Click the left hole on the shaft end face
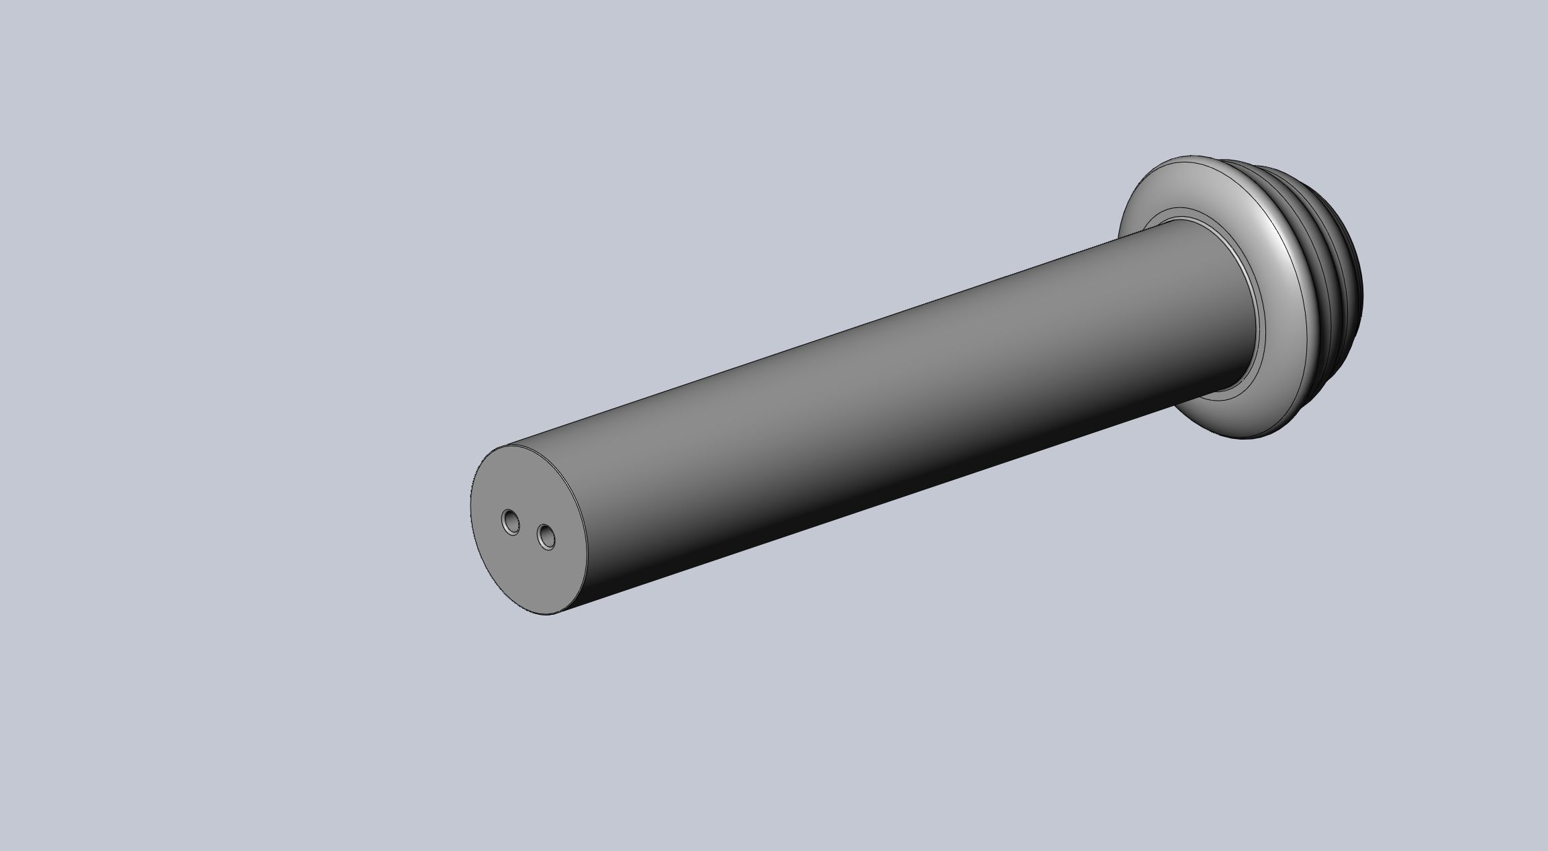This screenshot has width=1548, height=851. [511, 521]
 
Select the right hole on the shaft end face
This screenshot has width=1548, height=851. [546, 537]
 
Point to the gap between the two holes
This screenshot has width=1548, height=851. [529, 529]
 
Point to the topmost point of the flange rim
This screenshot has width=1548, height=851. [1188, 158]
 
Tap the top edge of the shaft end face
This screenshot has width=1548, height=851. [510, 446]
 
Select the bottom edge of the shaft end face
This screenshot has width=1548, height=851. [547, 614]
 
